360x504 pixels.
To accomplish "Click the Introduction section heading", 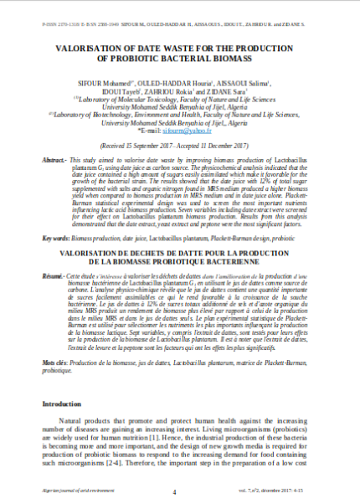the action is [x=65, y=403].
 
